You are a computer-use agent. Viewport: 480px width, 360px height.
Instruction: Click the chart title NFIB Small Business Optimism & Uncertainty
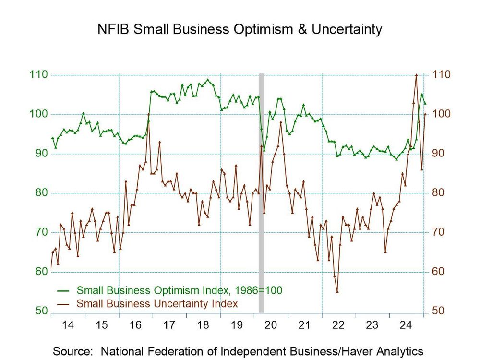point(240,30)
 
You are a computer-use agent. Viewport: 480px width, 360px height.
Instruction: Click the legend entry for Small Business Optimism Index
point(179,290)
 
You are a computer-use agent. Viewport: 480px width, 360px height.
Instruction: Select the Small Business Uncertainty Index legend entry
point(157,303)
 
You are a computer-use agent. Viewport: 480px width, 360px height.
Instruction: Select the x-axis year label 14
point(68,325)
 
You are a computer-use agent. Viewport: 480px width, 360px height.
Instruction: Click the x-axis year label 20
point(271,325)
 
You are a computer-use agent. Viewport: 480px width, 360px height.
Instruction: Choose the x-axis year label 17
point(169,325)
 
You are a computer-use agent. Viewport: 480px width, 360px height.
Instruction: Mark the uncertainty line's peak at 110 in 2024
point(416,75)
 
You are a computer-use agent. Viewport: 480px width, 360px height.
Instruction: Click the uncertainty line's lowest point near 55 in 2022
point(337,292)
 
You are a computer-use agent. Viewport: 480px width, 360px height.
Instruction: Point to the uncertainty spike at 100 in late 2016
point(149,114)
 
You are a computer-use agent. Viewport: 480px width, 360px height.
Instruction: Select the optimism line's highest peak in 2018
point(207,80)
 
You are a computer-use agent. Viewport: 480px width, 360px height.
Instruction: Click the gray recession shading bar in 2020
point(262,192)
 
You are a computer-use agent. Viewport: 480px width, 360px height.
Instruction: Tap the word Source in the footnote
point(72,350)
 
